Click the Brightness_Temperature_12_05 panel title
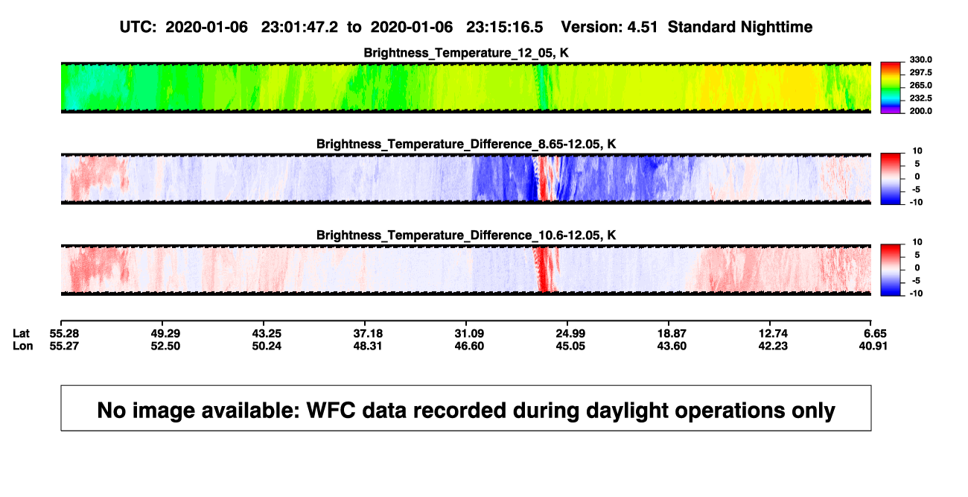(466, 53)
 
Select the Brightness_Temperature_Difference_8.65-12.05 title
(466, 144)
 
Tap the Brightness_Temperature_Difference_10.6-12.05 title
(466, 235)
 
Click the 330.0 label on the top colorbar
(920, 60)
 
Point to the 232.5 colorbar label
(920, 98)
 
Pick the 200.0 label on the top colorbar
(920, 111)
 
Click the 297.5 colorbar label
(920, 73)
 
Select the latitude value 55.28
(64, 334)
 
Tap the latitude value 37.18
(368, 334)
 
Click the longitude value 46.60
(469, 346)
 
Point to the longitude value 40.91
(873, 346)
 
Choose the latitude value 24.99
(570, 334)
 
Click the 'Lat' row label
(21, 334)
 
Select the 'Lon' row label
(22, 346)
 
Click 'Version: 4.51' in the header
(609, 27)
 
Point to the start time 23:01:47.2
(299, 27)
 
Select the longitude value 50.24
(267, 346)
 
